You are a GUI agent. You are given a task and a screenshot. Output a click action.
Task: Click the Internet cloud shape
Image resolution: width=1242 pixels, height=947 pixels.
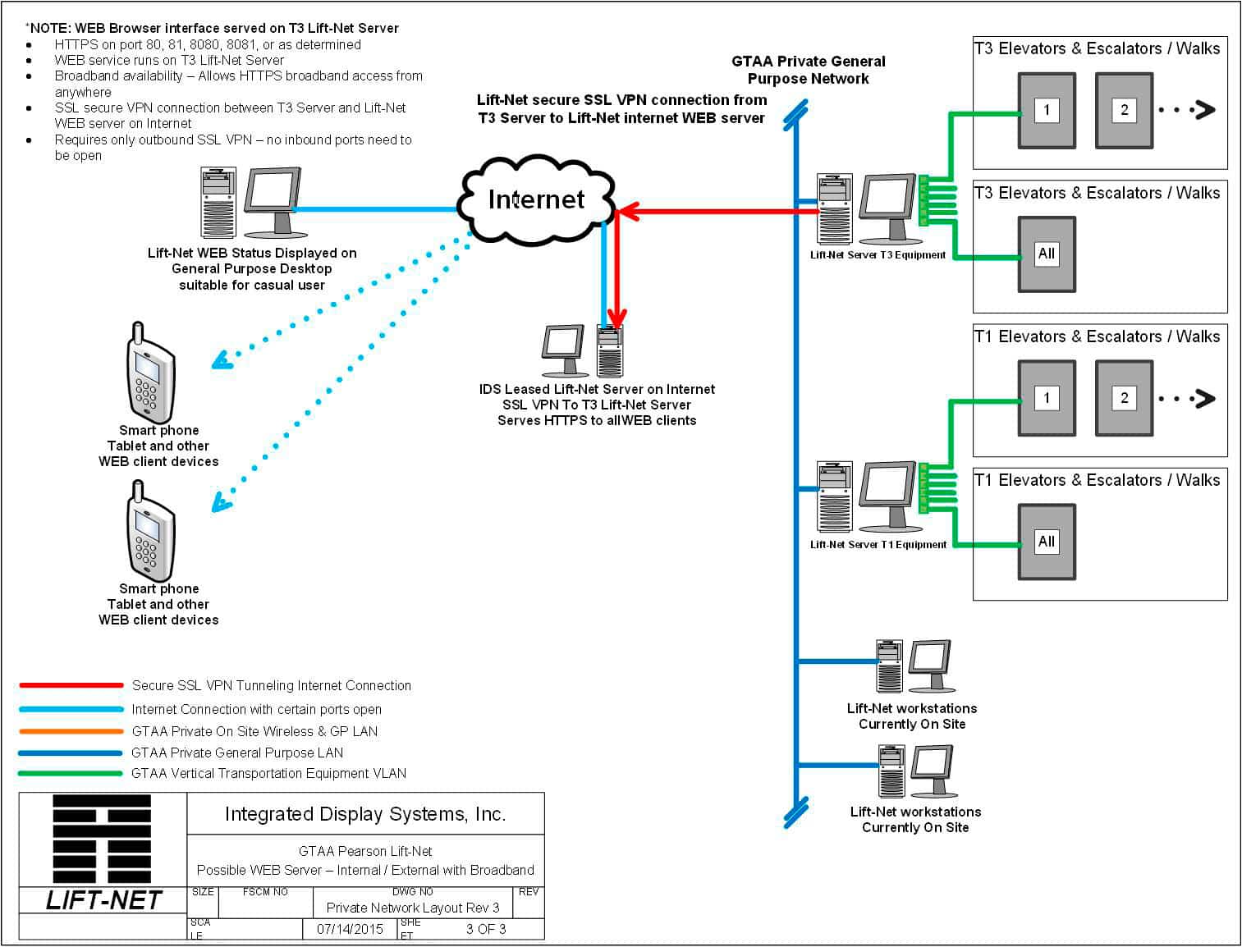[x=536, y=199]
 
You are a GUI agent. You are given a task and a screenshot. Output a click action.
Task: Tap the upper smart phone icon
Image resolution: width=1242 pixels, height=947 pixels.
[x=149, y=374]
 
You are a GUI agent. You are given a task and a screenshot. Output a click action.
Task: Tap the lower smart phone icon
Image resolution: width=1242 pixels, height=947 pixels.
[x=149, y=533]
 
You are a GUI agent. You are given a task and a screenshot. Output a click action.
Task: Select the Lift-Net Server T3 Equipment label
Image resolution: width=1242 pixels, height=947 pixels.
[x=878, y=254]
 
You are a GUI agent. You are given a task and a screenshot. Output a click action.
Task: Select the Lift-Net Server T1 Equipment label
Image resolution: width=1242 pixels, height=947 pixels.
[x=878, y=544]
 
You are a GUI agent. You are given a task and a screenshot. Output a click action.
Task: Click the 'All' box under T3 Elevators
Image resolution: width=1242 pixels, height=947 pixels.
[x=1047, y=254]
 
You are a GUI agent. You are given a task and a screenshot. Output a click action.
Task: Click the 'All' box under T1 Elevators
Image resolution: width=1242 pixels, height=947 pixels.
[x=1047, y=542]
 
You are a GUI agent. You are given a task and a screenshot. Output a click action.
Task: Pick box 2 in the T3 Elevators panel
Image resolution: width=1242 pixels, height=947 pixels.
[x=1124, y=110]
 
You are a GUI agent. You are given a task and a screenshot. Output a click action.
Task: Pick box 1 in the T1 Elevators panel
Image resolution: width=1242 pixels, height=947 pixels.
[x=1047, y=398]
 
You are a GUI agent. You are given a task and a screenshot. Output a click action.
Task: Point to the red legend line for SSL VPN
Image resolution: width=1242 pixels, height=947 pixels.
[x=71, y=685]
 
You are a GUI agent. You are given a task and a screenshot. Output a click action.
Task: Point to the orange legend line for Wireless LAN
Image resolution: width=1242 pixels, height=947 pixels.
[x=71, y=731]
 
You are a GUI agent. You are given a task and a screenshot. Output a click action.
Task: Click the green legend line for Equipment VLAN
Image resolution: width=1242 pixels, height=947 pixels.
[x=71, y=773]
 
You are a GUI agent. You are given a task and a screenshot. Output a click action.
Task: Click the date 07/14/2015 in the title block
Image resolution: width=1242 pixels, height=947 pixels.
[x=350, y=929]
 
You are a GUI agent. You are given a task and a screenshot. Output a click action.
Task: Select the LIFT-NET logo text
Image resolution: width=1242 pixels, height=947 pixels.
[x=103, y=900]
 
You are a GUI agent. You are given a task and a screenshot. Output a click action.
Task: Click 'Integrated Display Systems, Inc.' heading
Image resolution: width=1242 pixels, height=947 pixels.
[x=365, y=814]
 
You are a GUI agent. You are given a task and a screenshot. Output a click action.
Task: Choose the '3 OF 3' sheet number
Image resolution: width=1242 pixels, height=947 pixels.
[x=486, y=929]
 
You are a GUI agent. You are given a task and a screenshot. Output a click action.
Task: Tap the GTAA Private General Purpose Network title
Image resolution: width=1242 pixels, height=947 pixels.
[x=808, y=70]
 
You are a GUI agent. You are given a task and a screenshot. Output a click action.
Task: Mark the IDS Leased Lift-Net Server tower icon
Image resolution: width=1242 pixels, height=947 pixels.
[x=610, y=350]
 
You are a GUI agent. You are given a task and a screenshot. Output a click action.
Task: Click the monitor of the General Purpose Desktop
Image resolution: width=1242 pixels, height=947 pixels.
[x=273, y=193]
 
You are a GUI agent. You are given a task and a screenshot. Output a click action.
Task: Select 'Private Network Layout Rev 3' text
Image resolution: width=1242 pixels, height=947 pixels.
[x=412, y=908]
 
